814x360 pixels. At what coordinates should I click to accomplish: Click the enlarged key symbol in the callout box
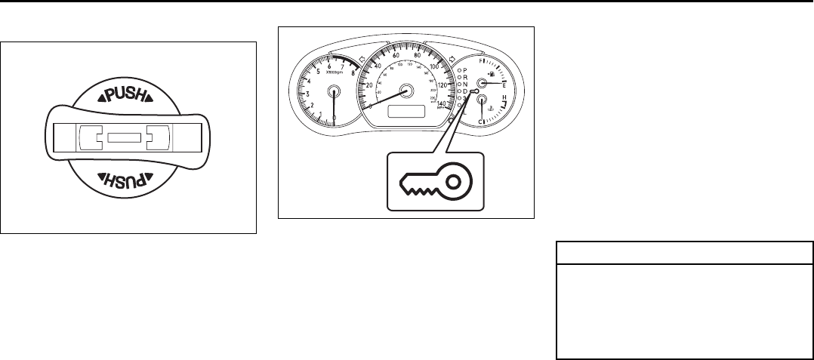pos(434,181)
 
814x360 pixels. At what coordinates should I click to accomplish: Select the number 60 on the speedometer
pos(396,54)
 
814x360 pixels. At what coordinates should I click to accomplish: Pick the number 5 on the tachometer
pos(318,71)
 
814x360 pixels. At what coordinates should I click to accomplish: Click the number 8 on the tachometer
pos(353,73)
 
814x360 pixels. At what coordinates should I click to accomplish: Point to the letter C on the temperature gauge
pos(480,122)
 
